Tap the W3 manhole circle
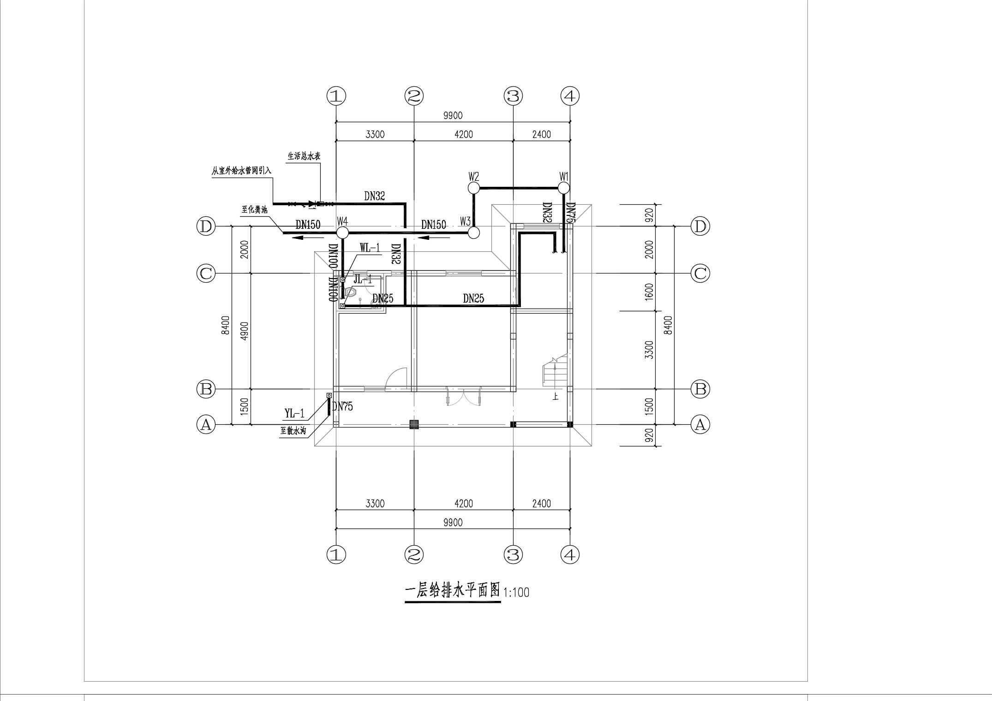pyautogui.click(x=474, y=232)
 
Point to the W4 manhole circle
pyautogui.click(x=342, y=232)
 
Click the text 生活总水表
pyautogui.click(x=304, y=156)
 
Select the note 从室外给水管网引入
pyautogui.click(x=242, y=171)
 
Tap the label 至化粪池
pyautogui.click(x=254, y=209)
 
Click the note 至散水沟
pyautogui.click(x=293, y=431)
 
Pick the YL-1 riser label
pyautogui.click(x=294, y=413)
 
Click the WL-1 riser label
pyautogui.click(x=370, y=248)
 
